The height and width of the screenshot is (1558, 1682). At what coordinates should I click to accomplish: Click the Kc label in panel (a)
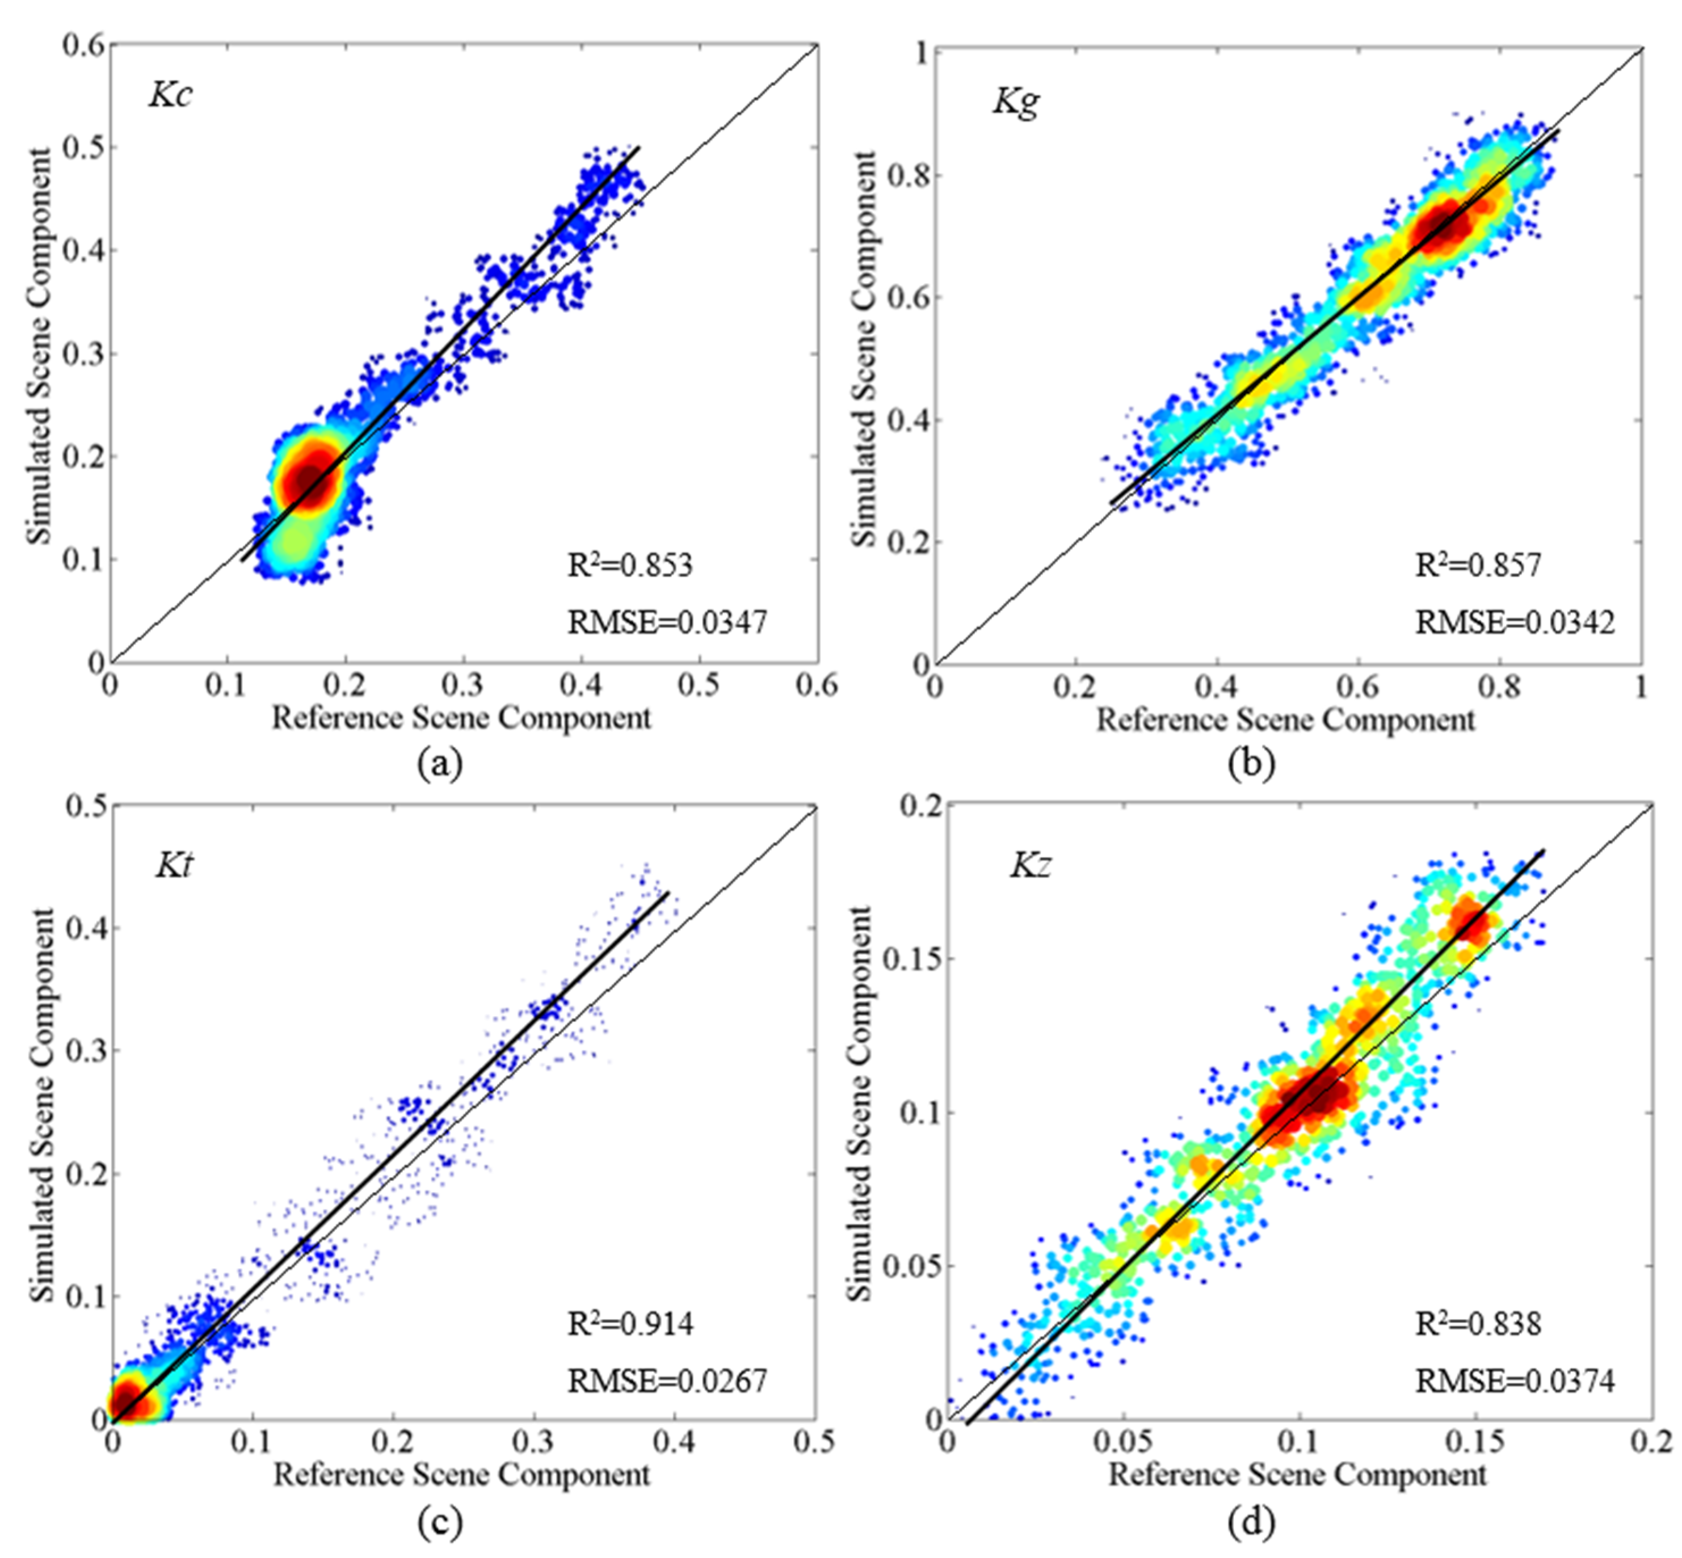click(171, 94)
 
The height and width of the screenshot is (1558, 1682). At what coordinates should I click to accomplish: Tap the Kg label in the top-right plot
click(1016, 102)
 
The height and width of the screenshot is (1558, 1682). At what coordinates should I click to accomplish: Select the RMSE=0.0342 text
click(1515, 622)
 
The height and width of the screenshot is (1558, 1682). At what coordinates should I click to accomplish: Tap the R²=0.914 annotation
click(630, 1324)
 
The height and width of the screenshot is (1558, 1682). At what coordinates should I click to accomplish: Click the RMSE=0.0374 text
click(1515, 1381)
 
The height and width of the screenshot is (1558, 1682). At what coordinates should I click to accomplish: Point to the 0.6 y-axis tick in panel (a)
click(85, 45)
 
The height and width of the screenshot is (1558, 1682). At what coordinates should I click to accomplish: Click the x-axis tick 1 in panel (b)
click(1641, 687)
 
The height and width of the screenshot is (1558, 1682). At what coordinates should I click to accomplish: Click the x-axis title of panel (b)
click(1285, 720)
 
